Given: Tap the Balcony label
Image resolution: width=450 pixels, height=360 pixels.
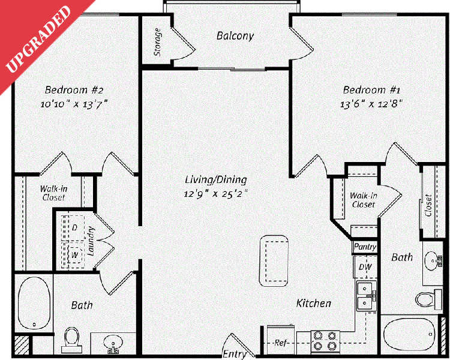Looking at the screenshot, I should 235,36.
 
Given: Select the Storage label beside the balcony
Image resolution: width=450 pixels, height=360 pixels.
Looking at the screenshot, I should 158,41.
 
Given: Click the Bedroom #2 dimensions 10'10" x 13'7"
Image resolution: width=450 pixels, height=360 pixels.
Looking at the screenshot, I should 75,103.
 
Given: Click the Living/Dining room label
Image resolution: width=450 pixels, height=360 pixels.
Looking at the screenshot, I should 216,179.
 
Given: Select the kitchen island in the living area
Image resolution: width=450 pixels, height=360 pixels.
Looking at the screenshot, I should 274,261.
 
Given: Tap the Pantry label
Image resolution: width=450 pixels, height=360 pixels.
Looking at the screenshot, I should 365,247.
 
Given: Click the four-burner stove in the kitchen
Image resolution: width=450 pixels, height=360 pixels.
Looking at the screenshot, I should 326,341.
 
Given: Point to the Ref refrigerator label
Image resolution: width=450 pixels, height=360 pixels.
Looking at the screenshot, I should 280,343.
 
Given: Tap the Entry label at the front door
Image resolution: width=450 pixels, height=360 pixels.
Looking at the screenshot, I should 234,353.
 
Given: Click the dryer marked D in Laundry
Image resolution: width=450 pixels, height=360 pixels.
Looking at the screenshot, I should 75,228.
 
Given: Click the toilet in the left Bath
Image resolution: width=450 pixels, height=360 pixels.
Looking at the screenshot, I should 72,337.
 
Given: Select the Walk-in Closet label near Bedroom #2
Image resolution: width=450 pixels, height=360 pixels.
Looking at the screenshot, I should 53,193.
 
